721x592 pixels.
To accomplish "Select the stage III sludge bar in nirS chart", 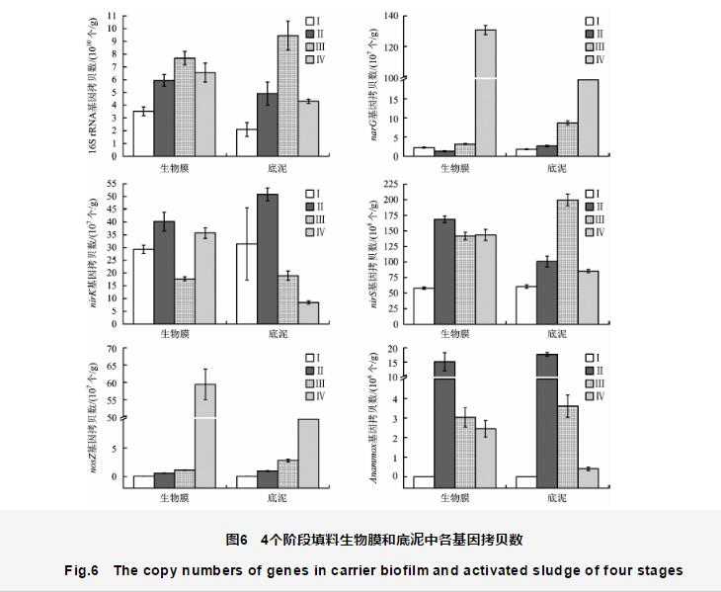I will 568,262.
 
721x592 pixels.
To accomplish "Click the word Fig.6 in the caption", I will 84,570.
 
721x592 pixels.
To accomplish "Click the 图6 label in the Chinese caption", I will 236,540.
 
